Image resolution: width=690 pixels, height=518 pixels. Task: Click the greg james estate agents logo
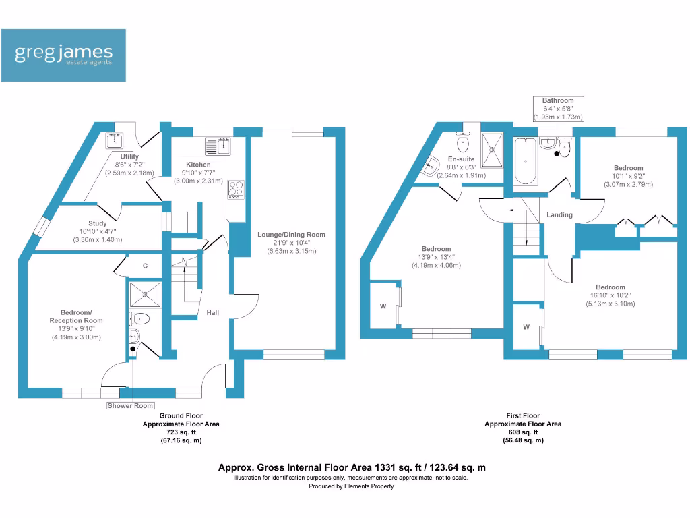pos(63,55)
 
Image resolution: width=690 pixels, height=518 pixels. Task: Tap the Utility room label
pos(129,156)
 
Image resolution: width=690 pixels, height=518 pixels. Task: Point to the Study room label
pos(97,223)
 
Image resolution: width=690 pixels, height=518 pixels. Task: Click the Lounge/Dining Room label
pos(291,235)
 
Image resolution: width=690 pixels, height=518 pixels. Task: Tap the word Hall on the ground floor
pos(212,313)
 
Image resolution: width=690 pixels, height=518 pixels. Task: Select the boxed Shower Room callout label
pos(131,405)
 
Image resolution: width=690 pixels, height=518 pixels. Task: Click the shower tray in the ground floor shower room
pos(142,292)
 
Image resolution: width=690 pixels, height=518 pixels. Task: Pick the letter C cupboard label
pos(145,266)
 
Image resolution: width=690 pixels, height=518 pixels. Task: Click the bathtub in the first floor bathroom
pos(526,161)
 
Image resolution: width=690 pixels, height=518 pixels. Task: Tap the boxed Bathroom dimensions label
pos(558,109)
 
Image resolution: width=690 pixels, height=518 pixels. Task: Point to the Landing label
pos(559,215)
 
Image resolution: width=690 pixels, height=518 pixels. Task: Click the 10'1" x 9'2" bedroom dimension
pos(628,176)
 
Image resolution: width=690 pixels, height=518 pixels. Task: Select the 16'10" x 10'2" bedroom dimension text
pos(610,295)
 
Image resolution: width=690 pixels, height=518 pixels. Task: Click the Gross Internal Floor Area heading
pos(352,467)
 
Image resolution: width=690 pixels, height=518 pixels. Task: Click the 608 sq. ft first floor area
pos(522,432)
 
